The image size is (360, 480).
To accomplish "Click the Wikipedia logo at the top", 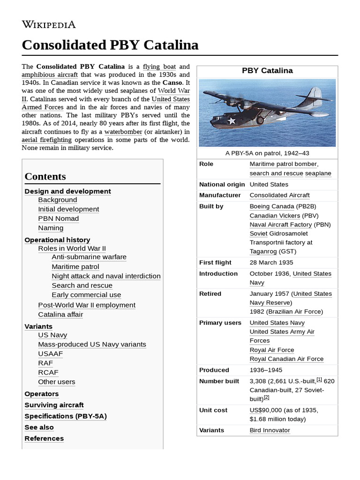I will (48, 24).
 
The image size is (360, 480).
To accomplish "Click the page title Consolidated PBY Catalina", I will (110, 45).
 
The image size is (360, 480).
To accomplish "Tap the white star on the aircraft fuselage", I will (231, 121).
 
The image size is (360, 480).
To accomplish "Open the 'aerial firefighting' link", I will (47, 140).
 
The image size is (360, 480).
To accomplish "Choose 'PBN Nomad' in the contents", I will (59, 218).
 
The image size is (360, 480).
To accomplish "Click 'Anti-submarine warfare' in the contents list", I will (89, 257).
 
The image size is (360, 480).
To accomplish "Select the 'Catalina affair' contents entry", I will (60, 315).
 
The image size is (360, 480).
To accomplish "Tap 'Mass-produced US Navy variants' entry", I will (92, 344).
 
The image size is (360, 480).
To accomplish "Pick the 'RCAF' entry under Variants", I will (48, 372).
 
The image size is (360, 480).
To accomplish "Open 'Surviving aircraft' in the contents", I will (54, 405).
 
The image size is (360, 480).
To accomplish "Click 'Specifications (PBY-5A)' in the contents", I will (62, 416).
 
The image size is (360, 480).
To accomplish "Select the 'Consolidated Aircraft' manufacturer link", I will (279, 195).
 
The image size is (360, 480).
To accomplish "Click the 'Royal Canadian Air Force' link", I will (286, 359).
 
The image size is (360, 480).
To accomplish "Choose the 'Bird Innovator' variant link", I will (270, 430).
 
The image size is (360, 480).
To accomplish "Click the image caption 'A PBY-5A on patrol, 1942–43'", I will (267, 153).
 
